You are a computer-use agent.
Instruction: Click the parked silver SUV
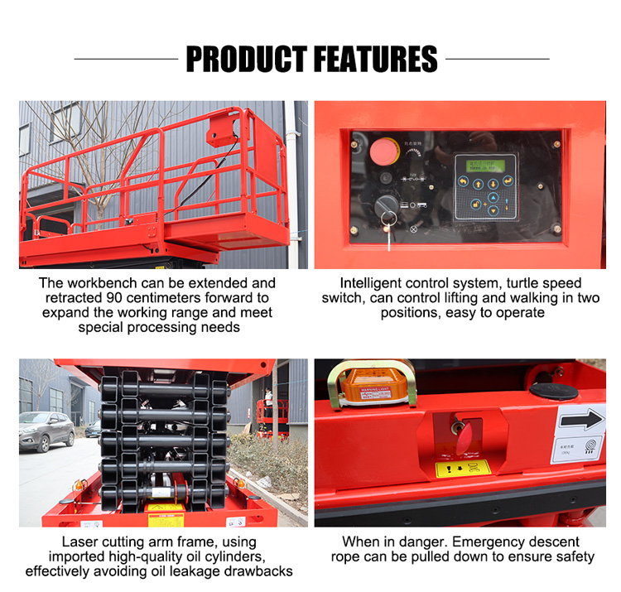46,430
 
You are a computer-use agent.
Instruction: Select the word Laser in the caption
79,541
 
